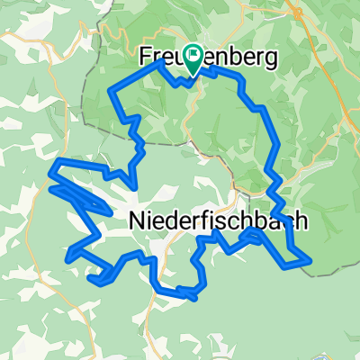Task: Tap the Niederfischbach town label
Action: point(214,219)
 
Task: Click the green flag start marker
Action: point(193,57)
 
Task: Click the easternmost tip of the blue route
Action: point(311,260)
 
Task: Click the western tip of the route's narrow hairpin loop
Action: point(49,189)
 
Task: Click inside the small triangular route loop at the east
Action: point(256,236)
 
